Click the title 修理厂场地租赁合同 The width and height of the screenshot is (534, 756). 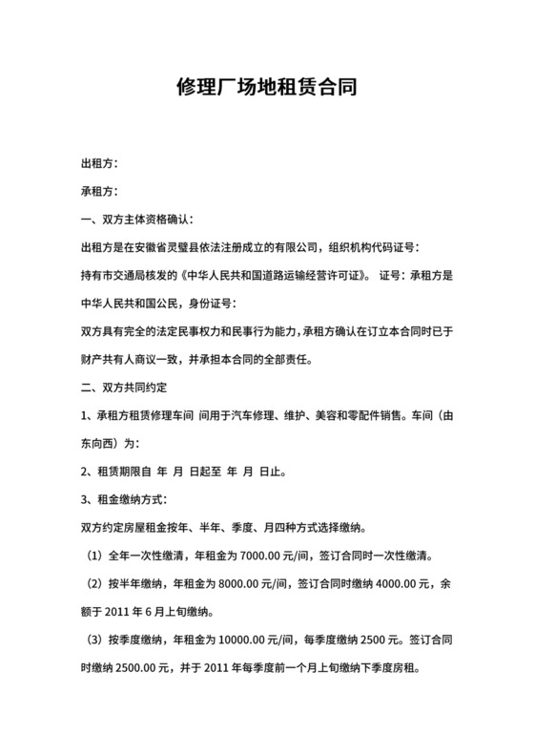(266, 89)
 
